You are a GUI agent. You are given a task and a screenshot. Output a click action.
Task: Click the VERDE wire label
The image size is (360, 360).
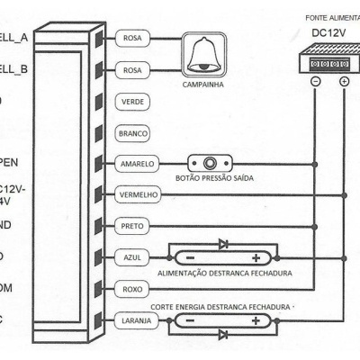pos(132,103)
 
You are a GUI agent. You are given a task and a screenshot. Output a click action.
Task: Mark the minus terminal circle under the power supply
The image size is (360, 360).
pos(316,81)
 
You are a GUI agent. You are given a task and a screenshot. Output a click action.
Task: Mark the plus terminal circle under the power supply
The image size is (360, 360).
pos(345,81)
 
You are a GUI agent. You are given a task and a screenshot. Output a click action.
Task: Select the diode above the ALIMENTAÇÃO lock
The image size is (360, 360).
pos(223,243)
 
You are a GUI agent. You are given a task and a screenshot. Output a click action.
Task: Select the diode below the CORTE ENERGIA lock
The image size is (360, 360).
pos(223,335)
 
